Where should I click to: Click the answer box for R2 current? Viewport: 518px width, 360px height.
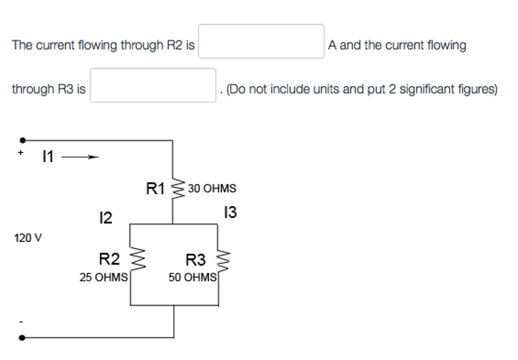click(261, 41)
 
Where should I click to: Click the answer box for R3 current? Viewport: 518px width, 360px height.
click(153, 85)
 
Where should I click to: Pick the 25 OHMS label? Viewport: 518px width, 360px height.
click(104, 278)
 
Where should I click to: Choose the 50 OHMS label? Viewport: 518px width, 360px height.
click(192, 278)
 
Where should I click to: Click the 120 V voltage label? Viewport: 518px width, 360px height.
click(28, 238)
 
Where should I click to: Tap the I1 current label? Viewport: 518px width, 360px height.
click(48, 157)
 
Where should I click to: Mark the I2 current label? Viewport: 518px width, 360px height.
click(105, 218)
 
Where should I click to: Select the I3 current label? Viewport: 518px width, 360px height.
click(230, 213)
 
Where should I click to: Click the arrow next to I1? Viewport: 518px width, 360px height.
click(79, 157)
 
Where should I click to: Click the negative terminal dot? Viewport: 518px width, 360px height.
click(22, 338)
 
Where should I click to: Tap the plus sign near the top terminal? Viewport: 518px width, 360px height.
click(21, 152)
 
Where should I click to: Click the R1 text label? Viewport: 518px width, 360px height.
click(155, 189)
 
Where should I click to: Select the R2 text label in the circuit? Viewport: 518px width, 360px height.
click(109, 260)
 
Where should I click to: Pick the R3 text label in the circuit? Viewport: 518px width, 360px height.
click(196, 260)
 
